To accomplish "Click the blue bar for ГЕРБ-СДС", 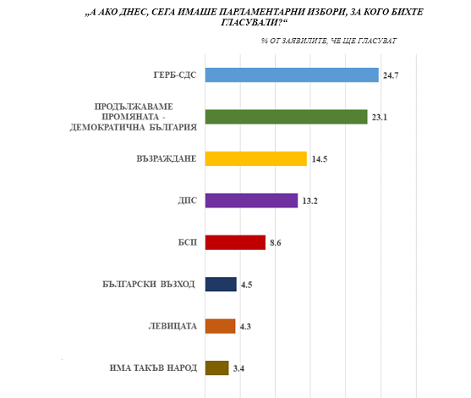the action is [292, 75].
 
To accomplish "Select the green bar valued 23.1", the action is [287, 117].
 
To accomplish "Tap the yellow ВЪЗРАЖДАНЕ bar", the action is [256, 158].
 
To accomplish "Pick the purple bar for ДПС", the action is [251, 201].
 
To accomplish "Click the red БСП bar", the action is [235, 242].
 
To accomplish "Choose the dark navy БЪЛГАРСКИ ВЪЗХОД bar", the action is [221, 285].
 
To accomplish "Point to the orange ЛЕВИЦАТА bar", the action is [220, 326].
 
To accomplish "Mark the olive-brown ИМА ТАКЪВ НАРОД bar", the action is [216, 368].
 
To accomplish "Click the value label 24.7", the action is [391, 75].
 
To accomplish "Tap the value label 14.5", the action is [320, 159].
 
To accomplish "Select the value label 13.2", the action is [309, 201].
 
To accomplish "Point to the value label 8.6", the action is [275, 243].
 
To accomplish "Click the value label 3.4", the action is [238, 368].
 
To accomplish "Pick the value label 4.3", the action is [245, 327].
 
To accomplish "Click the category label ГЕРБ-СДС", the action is [175, 75].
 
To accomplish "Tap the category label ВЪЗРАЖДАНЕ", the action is [167, 158].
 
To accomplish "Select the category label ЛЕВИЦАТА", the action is [173, 326].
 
